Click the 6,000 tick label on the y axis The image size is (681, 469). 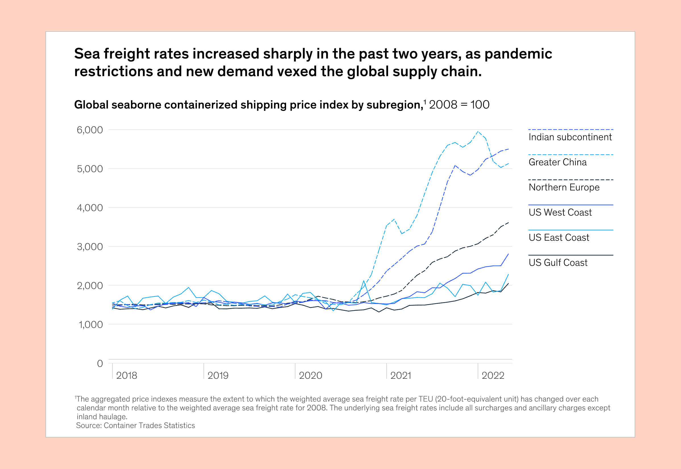[90, 130]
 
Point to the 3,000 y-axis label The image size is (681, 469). [90, 247]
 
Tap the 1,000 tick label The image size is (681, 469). [91, 324]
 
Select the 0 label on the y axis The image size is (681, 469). [100, 363]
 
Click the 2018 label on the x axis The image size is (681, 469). [126, 375]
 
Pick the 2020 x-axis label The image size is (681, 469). [310, 375]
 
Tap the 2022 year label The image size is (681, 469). [493, 375]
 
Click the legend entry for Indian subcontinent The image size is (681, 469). [570, 137]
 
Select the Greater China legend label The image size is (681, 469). [557, 162]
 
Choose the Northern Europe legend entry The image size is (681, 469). [564, 188]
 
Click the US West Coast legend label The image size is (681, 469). [560, 213]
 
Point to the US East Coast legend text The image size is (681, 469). [559, 237]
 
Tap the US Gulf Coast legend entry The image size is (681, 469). [558, 263]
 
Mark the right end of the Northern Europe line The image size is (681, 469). [509, 222]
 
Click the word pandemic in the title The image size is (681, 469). [518, 54]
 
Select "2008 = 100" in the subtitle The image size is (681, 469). [459, 105]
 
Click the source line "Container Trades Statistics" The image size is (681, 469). [149, 426]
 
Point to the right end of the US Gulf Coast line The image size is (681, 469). [509, 283]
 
